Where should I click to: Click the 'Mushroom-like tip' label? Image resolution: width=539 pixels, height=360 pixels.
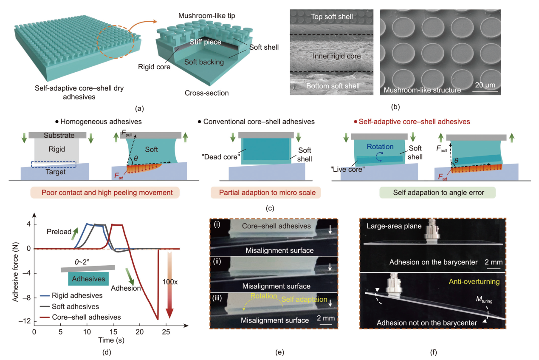(207, 16)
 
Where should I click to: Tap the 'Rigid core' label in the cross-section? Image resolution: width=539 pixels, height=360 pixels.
(154, 67)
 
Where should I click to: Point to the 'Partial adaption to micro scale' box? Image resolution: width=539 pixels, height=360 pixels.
(267, 193)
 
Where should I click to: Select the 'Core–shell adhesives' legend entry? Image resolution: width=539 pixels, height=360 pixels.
(86, 317)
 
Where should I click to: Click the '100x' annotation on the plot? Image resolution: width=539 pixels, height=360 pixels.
(169, 281)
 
